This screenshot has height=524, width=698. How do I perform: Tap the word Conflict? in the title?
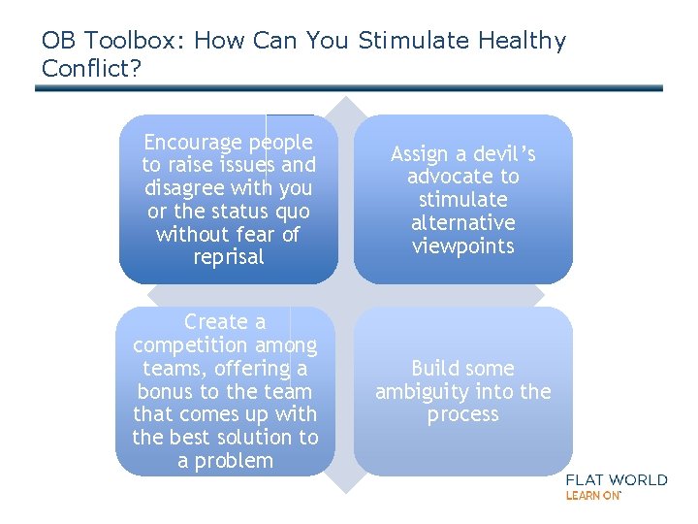point(88,70)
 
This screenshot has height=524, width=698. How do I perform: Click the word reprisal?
point(229,257)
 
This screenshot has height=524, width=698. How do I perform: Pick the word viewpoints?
point(463,246)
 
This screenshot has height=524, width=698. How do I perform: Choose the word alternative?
point(463,222)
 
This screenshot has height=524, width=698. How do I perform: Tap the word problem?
point(237,461)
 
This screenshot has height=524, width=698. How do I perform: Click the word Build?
point(437,369)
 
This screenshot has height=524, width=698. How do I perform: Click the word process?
point(463,414)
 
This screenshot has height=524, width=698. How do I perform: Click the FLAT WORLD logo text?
point(616,479)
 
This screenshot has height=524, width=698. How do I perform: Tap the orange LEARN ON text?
point(592,495)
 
